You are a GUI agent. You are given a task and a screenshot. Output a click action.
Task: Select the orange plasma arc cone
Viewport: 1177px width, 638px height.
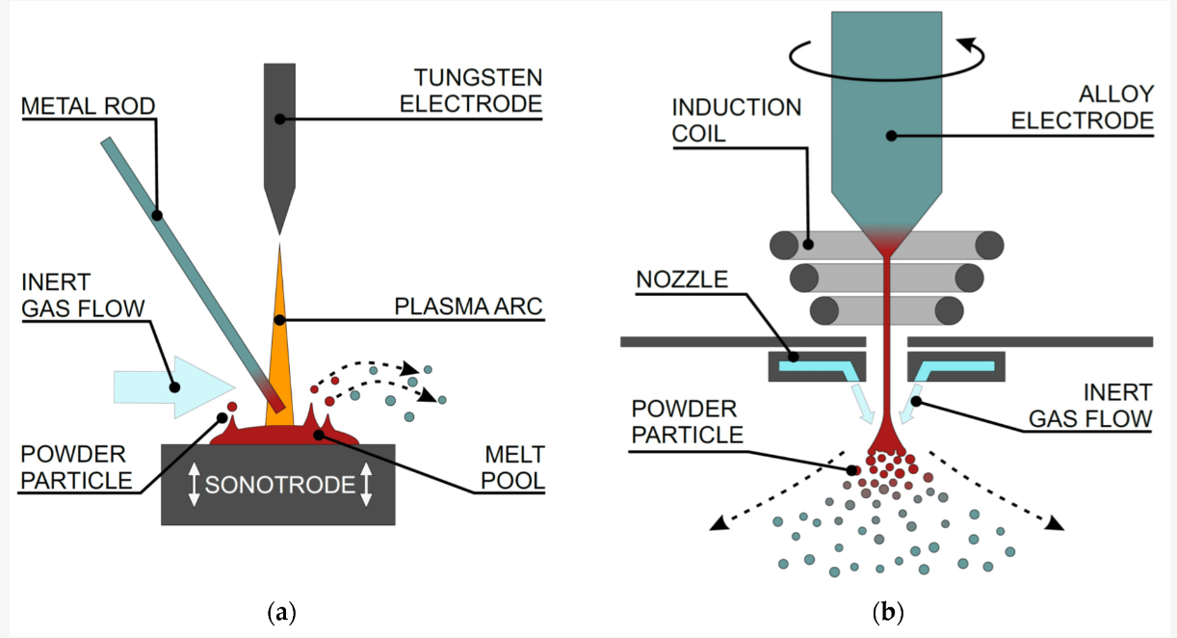[x=279, y=328]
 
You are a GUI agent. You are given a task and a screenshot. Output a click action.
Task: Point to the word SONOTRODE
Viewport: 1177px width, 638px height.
[x=278, y=485]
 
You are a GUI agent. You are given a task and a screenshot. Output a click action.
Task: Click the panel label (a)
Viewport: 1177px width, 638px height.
[x=280, y=612]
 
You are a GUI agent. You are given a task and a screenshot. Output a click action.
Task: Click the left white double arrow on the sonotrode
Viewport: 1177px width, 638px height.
[x=194, y=483]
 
